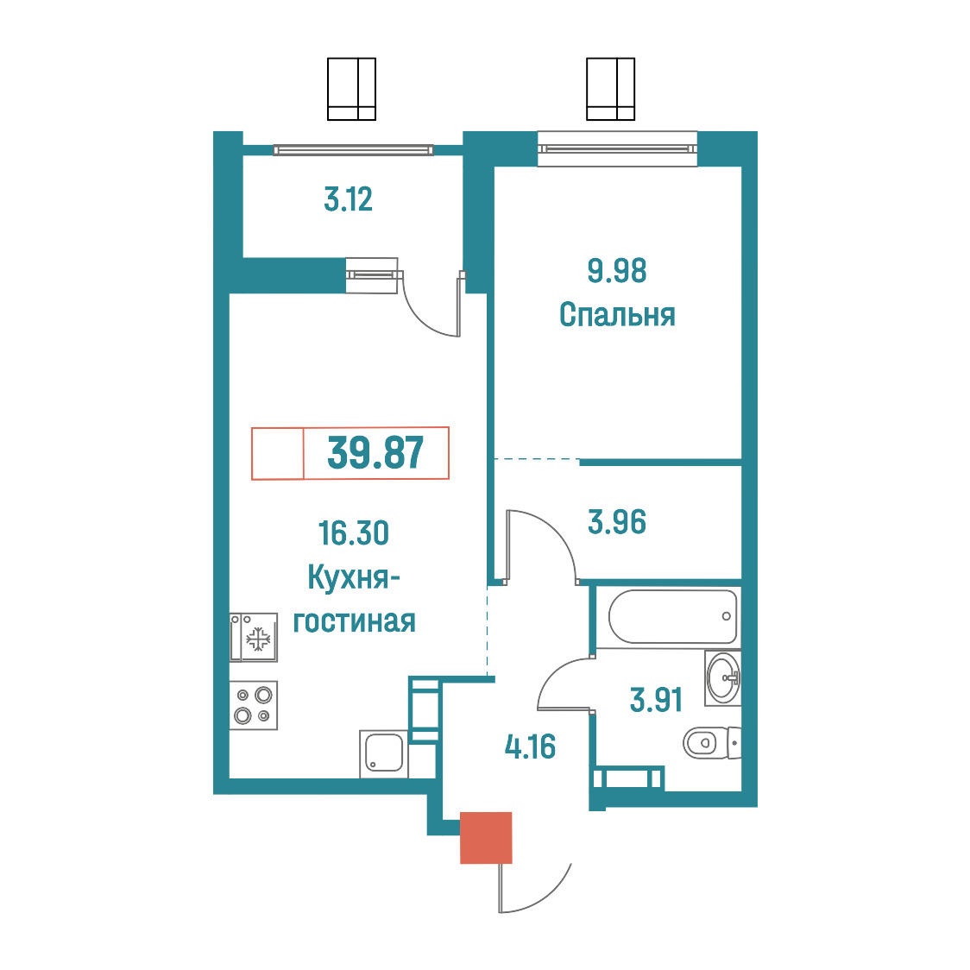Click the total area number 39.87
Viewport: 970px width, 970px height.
(x=375, y=453)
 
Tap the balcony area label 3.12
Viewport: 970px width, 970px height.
(x=349, y=200)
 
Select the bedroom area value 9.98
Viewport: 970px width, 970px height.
(x=617, y=271)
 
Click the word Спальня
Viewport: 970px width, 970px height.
(x=617, y=315)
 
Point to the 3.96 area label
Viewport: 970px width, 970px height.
(x=617, y=521)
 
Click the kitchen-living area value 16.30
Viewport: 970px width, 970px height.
(x=353, y=533)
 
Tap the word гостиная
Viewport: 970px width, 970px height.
(x=354, y=621)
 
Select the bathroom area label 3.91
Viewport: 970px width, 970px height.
(x=656, y=700)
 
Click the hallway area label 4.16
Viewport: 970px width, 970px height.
(x=530, y=746)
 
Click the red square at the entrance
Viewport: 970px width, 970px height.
(x=486, y=838)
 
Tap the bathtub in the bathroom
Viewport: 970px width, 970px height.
(x=673, y=616)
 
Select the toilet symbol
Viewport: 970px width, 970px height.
(x=712, y=742)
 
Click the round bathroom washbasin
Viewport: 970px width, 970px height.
(x=722, y=678)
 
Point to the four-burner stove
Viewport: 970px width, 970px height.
(x=254, y=705)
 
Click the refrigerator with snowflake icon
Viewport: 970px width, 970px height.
(x=254, y=637)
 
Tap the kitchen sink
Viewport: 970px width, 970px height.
(x=384, y=753)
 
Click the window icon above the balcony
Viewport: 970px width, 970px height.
(x=351, y=89)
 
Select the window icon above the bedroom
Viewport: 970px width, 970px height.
(x=611, y=89)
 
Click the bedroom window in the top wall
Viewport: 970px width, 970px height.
(x=617, y=149)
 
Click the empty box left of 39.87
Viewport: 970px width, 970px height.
(x=278, y=453)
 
